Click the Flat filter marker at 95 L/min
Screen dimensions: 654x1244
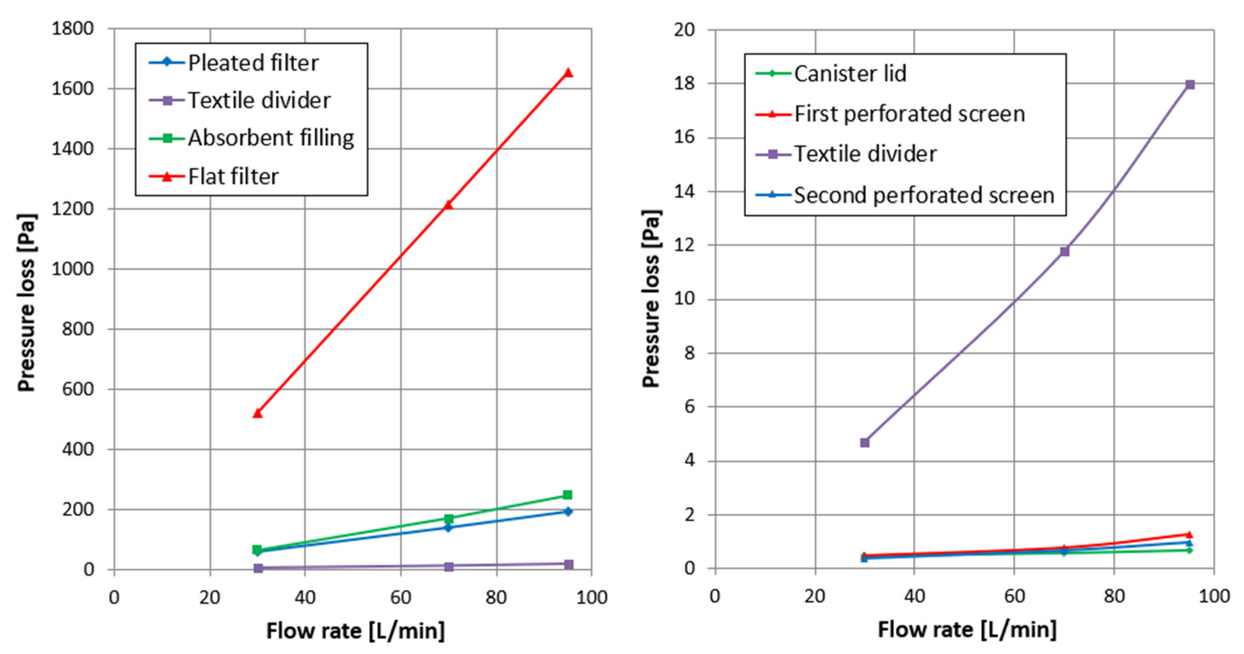click(x=568, y=73)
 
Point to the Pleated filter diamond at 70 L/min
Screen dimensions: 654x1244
click(x=448, y=527)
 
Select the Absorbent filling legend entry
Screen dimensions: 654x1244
click(x=270, y=138)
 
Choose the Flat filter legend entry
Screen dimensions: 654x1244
click(x=233, y=176)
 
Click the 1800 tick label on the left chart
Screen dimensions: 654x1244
click(x=72, y=29)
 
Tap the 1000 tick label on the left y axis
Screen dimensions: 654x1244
click(x=72, y=269)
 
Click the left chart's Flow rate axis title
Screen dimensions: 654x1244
click(x=356, y=631)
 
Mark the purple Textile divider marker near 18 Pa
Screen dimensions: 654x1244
click(x=1190, y=85)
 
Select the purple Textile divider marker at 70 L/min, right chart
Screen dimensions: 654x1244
click(x=1065, y=251)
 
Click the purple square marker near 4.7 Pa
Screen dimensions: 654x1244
click(x=865, y=442)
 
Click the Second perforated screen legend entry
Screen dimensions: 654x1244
click(x=923, y=195)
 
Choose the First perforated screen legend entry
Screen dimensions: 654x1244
click(x=909, y=114)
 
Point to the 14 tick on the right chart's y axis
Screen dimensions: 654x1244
click(x=685, y=192)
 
